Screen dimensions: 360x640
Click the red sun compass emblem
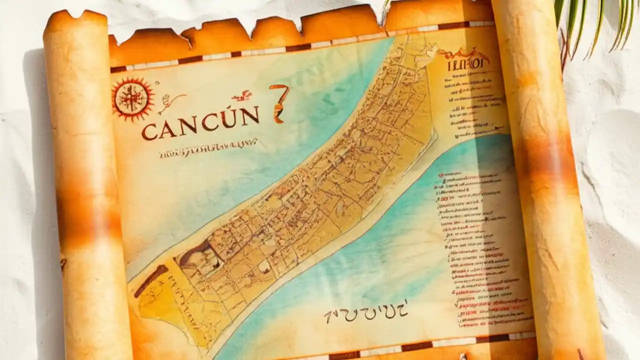[132, 98]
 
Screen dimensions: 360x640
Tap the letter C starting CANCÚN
[149, 131]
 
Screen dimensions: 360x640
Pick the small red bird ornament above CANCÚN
[242, 95]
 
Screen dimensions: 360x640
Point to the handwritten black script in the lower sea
[365, 311]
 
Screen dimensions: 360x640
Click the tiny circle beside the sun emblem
[157, 83]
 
